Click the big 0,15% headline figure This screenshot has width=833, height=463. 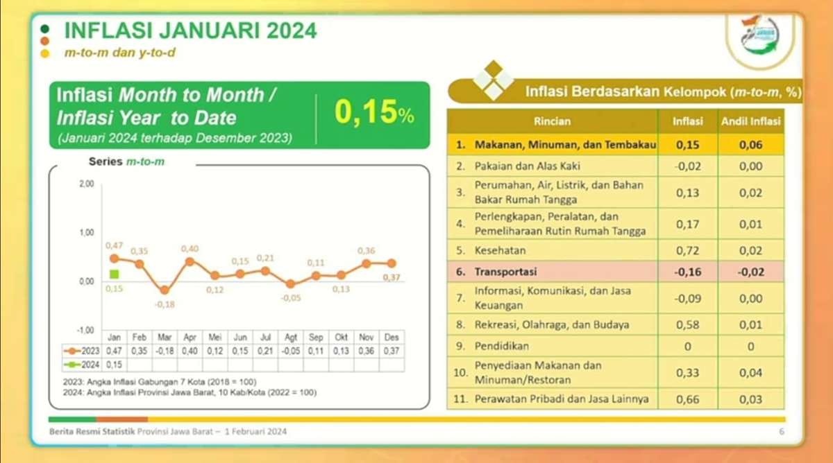click(374, 114)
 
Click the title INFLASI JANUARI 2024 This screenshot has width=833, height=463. click(190, 31)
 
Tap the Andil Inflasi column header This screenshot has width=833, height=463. click(750, 121)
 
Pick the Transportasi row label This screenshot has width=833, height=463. click(507, 272)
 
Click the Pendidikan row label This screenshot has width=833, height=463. click(502, 345)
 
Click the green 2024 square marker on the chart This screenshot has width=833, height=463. click(114, 274)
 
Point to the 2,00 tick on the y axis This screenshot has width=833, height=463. click(85, 184)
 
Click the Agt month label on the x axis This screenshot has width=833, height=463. click(291, 337)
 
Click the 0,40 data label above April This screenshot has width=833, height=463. click(190, 249)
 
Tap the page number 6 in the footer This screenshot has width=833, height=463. click(781, 432)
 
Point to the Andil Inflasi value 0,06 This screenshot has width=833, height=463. click(750, 145)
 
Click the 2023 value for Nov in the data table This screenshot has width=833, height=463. click(367, 350)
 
